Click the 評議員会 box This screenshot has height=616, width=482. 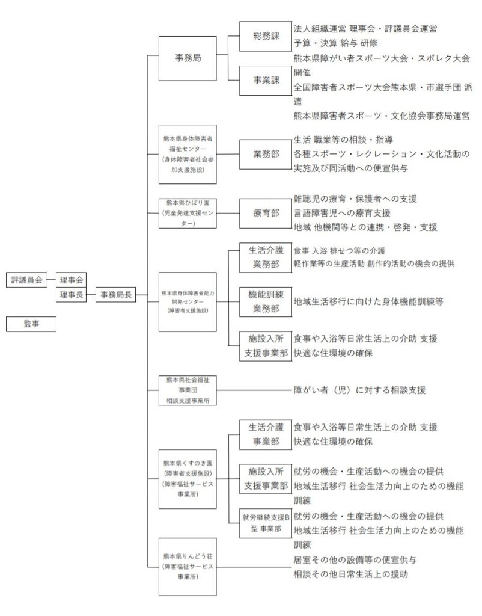[x=26, y=280]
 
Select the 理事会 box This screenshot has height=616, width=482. [x=71, y=280]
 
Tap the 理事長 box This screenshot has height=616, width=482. [x=71, y=295]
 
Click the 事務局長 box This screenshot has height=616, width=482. [x=116, y=295]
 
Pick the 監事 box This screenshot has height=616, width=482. [x=31, y=324]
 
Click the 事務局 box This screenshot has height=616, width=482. [x=188, y=58]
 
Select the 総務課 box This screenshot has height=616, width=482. [x=266, y=37]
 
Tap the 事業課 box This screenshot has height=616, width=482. [x=266, y=81]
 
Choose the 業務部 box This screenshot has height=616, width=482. [x=266, y=155]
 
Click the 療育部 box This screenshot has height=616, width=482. [x=266, y=214]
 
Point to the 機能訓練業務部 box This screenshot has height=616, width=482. [x=266, y=302]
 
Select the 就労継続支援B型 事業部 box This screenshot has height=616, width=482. [x=266, y=523]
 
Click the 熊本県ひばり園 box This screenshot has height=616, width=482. [x=188, y=214]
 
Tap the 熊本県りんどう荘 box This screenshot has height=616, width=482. [x=188, y=567]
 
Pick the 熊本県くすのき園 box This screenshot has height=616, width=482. [x=188, y=479]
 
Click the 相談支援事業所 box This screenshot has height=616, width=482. [x=188, y=390]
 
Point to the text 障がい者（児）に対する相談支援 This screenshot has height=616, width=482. [x=359, y=390]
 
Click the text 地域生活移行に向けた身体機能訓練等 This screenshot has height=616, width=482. [x=368, y=302]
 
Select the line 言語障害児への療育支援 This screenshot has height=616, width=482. [x=342, y=214]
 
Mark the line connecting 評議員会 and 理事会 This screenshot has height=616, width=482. [x=51, y=280]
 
